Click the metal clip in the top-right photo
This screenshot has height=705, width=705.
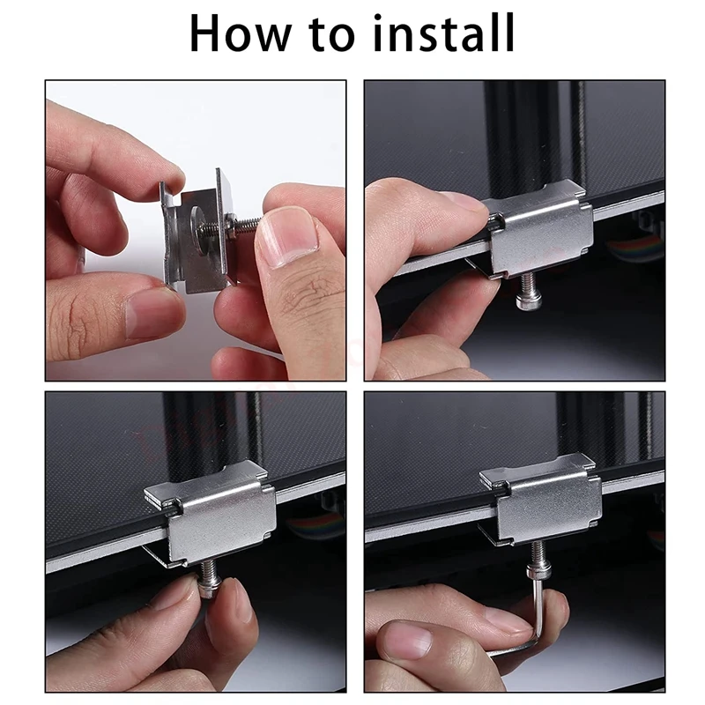coord(538,231)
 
